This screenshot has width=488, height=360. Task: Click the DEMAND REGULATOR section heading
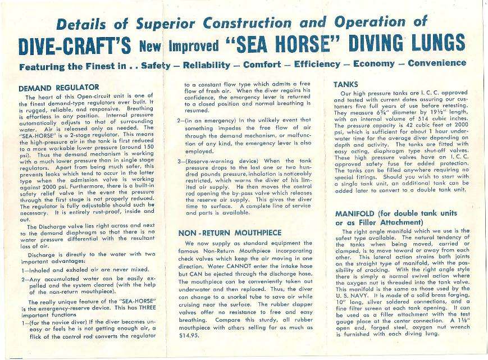tap(59, 88)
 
